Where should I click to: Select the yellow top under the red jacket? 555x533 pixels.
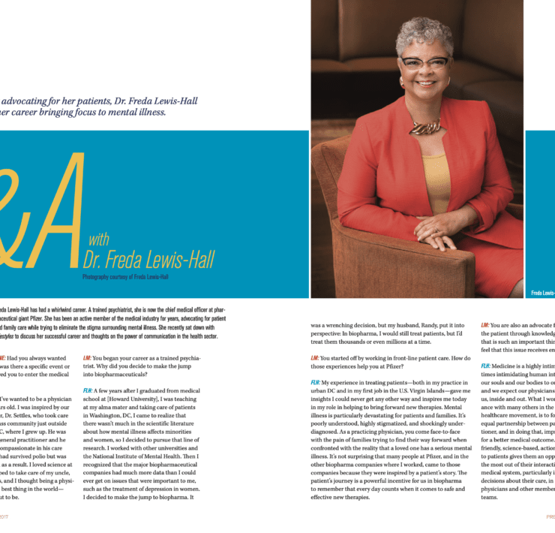coord(436,180)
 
